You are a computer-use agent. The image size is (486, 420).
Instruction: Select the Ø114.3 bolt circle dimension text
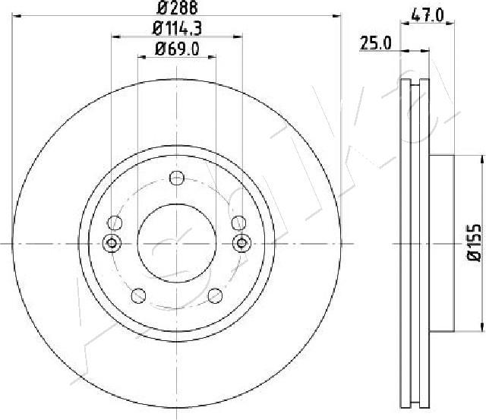coord(176,30)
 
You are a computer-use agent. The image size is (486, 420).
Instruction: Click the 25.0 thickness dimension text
coord(375,44)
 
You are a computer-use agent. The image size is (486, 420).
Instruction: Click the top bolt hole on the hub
coord(177,178)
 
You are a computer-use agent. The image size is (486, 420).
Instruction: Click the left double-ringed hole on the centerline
coord(112,243)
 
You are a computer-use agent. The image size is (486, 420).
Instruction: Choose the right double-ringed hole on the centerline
coord(241,243)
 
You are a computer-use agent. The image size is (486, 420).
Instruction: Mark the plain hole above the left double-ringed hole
coord(115,223)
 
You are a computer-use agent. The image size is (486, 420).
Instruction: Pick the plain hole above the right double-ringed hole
coord(239,223)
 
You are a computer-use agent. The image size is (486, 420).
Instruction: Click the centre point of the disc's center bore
coord(177,243)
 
